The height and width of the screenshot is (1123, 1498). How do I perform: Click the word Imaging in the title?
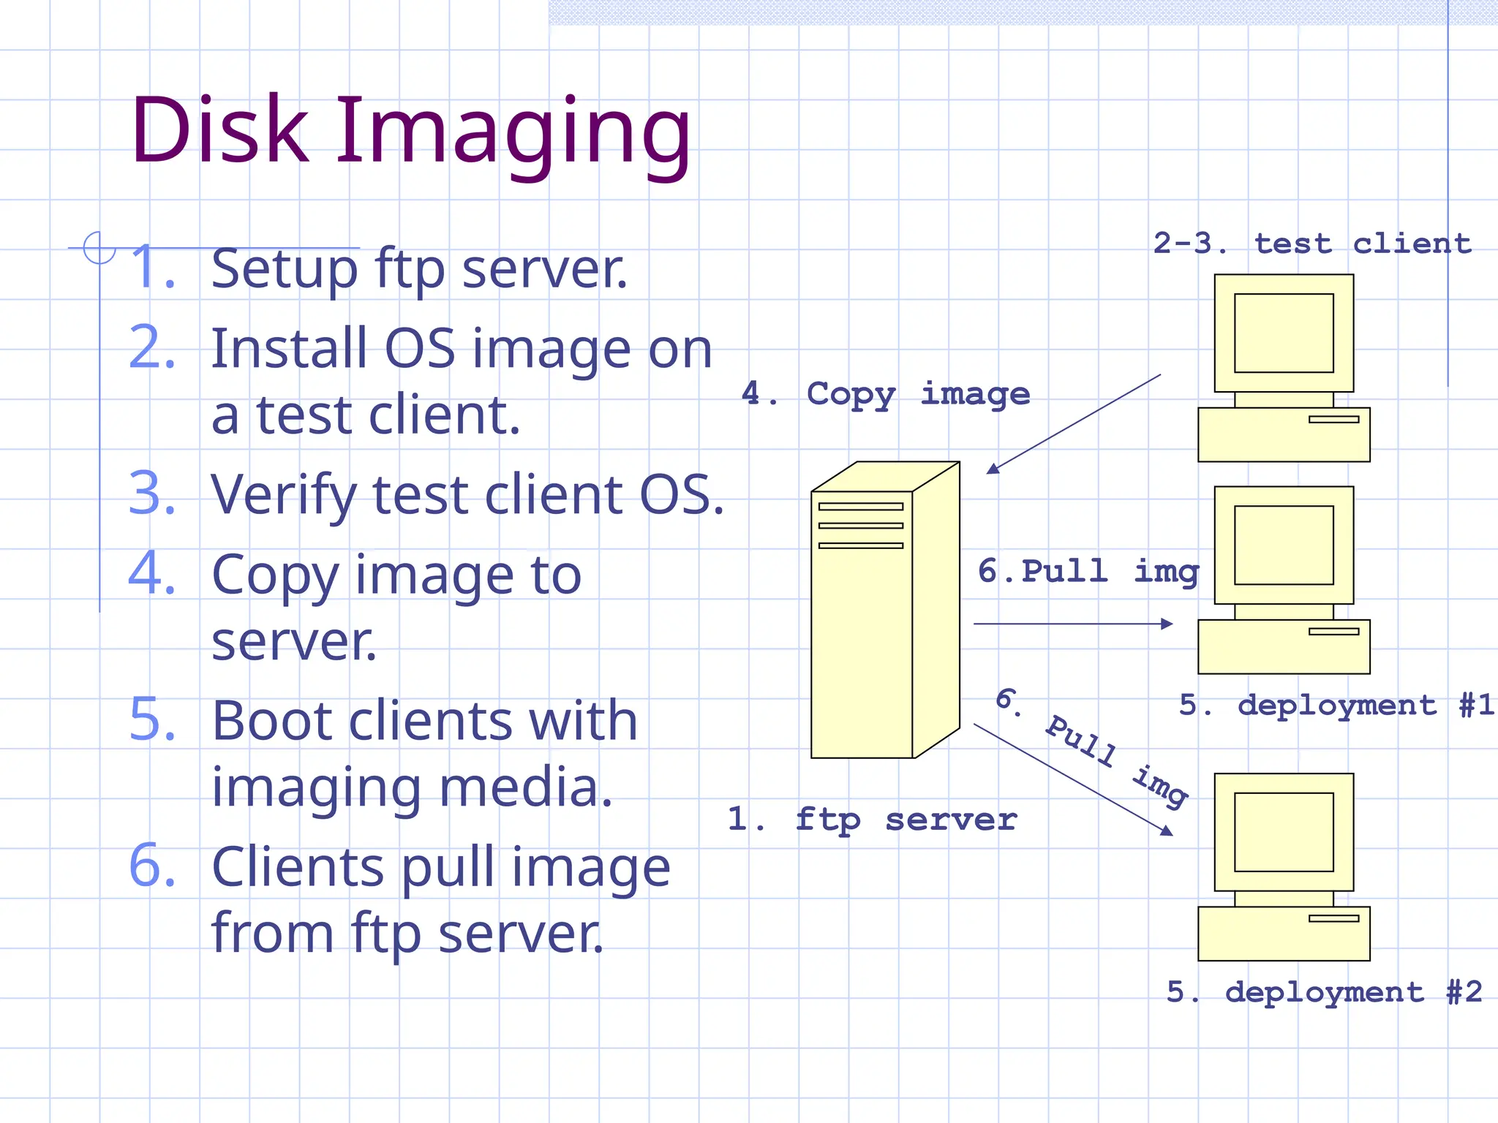click(512, 132)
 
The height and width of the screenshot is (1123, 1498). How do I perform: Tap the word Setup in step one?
click(284, 269)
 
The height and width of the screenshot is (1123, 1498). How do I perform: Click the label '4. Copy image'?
click(885, 394)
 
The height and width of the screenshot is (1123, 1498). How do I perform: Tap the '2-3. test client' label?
click(1311, 243)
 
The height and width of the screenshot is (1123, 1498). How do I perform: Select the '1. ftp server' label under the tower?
click(872, 820)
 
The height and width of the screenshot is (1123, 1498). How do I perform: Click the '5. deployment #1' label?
click(1336, 706)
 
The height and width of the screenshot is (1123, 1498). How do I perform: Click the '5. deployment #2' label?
click(1324, 992)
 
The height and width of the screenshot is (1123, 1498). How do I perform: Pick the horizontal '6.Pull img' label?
click(1088, 571)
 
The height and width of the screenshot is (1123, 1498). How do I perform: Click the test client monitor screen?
click(1284, 333)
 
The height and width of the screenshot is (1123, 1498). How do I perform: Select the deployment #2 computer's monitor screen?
click(1284, 832)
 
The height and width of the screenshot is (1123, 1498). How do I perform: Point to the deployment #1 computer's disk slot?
click(1333, 632)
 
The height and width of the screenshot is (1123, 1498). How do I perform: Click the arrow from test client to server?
click(1074, 424)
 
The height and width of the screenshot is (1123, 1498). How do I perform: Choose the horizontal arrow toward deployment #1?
click(1072, 624)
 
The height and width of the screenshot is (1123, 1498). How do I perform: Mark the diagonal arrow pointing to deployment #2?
click(1072, 779)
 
